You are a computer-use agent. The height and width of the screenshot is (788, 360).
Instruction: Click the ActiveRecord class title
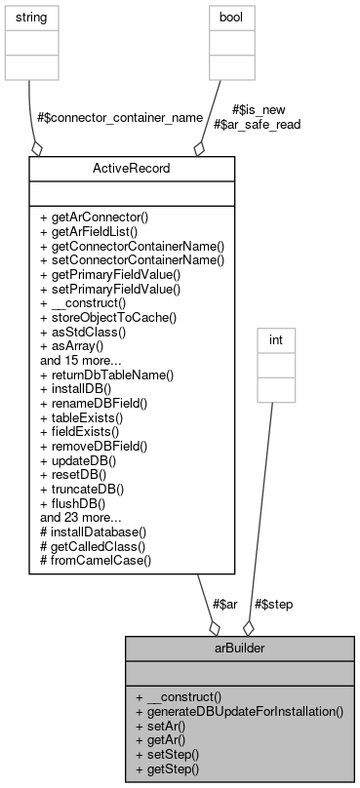pyautogui.click(x=132, y=169)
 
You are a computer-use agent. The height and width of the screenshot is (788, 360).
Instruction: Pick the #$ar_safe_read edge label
pyautogui.click(x=257, y=124)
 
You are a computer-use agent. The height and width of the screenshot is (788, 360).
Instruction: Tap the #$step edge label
pyautogui.click(x=273, y=604)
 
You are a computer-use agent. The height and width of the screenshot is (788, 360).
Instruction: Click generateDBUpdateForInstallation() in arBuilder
pyautogui.click(x=239, y=712)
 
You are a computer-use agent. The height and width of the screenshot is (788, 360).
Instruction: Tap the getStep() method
pyautogui.click(x=173, y=768)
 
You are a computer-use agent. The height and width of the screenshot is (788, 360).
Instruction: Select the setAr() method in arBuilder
pyautogui.click(x=167, y=727)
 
